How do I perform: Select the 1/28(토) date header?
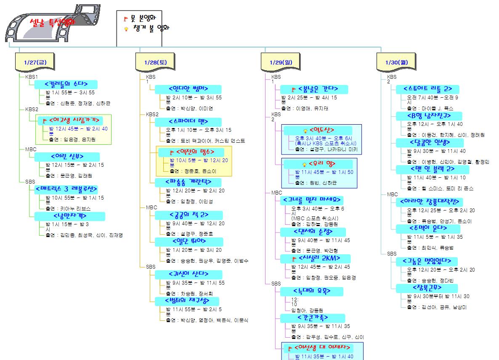click(x=155, y=62)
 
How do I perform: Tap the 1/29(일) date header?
click(x=281, y=62)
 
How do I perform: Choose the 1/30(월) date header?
click(x=396, y=62)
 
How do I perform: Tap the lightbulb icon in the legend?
click(x=125, y=29)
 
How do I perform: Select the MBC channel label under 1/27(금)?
click(x=31, y=149)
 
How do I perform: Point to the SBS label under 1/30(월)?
click(x=392, y=254)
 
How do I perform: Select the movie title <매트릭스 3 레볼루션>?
click(x=66, y=189)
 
